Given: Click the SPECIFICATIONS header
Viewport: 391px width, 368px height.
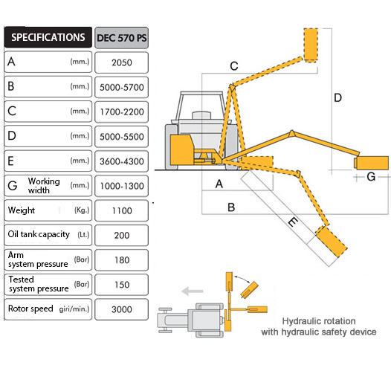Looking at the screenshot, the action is pyautogui.click(x=48, y=37).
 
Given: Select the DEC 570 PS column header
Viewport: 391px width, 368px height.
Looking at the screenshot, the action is pyautogui.click(x=122, y=38).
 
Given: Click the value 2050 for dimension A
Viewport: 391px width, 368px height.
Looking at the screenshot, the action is pyautogui.click(x=122, y=62).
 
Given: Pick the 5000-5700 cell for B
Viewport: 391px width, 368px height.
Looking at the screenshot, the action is pyautogui.click(x=122, y=87).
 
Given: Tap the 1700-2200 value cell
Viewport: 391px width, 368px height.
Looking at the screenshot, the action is pyautogui.click(x=122, y=112).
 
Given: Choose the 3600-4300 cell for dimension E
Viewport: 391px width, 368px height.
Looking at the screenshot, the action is pyautogui.click(x=122, y=161).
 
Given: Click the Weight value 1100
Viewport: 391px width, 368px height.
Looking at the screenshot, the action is pyautogui.click(x=122, y=210).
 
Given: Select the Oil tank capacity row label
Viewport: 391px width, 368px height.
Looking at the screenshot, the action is pyautogui.click(x=39, y=234).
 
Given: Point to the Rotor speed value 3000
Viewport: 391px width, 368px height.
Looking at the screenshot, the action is pyautogui.click(x=122, y=309).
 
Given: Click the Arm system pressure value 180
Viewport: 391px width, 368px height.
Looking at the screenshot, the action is pyautogui.click(x=122, y=260).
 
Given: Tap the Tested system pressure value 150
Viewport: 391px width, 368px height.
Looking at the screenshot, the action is pyautogui.click(x=122, y=285).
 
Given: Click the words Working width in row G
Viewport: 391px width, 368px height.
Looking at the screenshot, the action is pyautogui.click(x=44, y=186).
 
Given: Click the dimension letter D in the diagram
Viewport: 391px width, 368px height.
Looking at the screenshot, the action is pyautogui.click(x=337, y=97).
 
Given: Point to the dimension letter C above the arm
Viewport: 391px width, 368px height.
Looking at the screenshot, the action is pyautogui.click(x=234, y=66).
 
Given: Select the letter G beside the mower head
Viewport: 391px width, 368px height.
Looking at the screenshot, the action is pyautogui.click(x=371, y=177).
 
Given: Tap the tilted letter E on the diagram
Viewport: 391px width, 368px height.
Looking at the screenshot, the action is pyautogui.click(x=293, y=222).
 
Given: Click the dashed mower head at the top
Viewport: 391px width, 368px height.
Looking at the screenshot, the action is pyautogui.click(x=311, y=45).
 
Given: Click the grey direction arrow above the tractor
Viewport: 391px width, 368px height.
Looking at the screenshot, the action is pyautogui.click(x=193, y=291).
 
